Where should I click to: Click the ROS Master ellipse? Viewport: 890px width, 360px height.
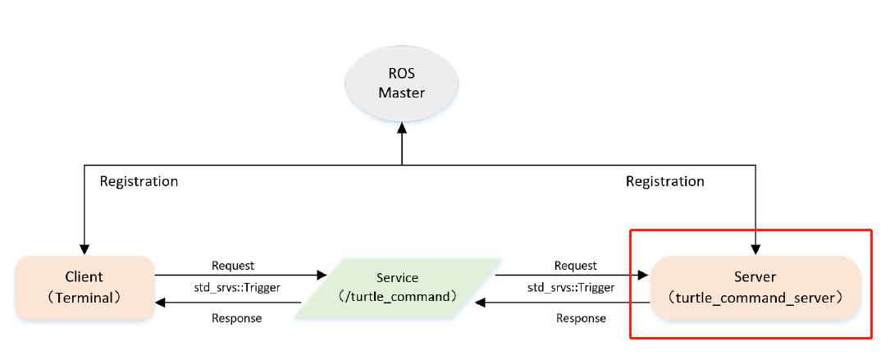coord(401,84)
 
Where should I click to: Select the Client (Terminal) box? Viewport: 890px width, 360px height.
coord(84,287)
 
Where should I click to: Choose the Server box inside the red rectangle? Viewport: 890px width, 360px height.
coord(755,287)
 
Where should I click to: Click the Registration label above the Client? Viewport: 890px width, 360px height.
coord(139,181)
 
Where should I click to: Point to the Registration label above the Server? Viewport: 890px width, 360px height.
coord(664,181)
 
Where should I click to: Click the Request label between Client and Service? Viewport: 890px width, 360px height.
coord(233,265)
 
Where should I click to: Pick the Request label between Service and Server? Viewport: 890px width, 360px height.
coord(575,265)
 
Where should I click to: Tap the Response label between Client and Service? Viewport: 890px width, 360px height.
coord(236,317)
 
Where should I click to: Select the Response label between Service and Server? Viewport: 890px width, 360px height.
coord(581,317)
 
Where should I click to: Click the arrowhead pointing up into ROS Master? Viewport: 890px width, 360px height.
coord(401,133)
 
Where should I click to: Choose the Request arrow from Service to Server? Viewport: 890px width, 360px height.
coord(574,275)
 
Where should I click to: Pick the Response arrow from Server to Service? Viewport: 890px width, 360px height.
coord(566,303)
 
